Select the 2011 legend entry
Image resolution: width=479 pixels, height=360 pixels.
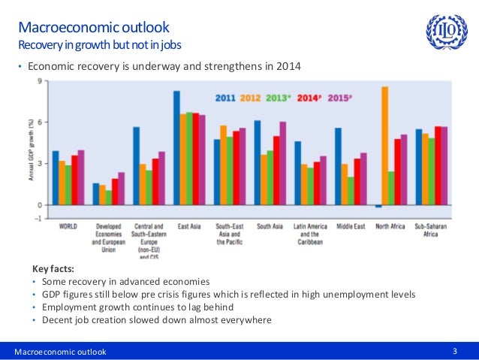coord(226,97)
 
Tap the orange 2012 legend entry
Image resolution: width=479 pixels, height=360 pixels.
coord(251,97)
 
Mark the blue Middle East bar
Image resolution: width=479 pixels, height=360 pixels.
coord(338,166)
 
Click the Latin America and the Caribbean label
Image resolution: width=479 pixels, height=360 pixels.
coord(309,234)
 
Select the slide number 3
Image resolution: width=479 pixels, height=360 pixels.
coord(455,351)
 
